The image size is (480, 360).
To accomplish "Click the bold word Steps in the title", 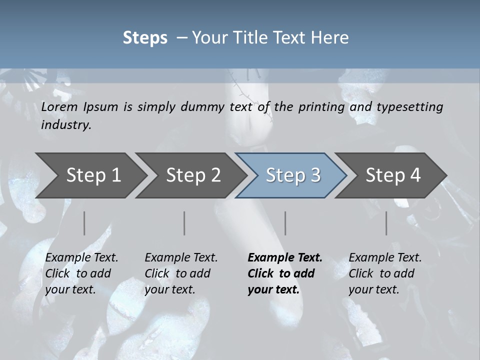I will tap(145, 38).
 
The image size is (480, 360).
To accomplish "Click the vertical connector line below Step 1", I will tap(84, 223).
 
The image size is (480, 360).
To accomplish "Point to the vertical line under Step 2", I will tap(184, 223).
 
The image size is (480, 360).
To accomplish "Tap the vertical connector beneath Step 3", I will tap(285, 223).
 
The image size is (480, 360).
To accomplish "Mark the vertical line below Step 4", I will tap(386, 223).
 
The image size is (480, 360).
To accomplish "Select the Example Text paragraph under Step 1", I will tap(81, 273).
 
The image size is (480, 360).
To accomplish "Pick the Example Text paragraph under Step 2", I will tap(181, 273).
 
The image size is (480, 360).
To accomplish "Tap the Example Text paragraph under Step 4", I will tap(385, 273).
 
